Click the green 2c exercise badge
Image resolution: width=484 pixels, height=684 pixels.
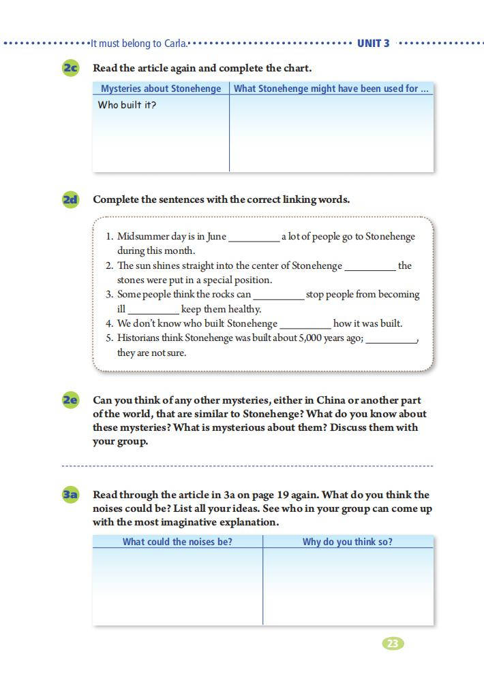[70, 68]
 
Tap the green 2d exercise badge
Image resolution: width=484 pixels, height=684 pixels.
[70, 199]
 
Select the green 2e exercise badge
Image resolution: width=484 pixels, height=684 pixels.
[70, 400]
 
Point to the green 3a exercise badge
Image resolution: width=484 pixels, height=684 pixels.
[70, 495]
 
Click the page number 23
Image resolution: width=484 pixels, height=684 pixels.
[393, 644]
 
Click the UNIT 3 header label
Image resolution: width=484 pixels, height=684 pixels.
[373, 44]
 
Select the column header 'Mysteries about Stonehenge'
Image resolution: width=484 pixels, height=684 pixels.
[161, 88]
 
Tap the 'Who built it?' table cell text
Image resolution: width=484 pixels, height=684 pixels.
[127, 105]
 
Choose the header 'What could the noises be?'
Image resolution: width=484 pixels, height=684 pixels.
[177, 542]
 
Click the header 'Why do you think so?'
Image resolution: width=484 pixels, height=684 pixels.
[348, 542]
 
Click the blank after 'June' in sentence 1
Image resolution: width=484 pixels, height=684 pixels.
[254, 238]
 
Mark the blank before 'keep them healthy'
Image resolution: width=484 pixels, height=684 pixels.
[153, 310]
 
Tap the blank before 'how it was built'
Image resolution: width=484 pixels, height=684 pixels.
[305, 325]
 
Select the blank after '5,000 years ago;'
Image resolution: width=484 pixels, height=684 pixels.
[391, 340]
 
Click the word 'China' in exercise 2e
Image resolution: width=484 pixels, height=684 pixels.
[331, 400]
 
